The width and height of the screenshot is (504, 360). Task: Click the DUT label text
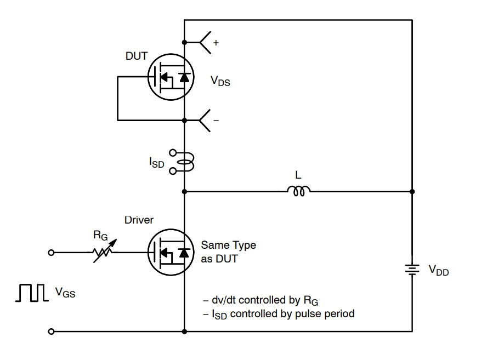pyautogui.click(x=137, y=56)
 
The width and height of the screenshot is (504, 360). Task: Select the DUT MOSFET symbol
pyautogui.click(x=171, y=77)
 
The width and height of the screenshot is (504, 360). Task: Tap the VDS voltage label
pyautogui.click(x=220, y=81)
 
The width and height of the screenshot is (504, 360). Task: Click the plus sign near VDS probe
pyautogui.click(x=216, y=43)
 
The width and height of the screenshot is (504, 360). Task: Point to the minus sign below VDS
pyautogui.click(x=216, y=121)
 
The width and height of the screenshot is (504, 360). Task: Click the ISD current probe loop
pyautogui.click(x=185, y=162)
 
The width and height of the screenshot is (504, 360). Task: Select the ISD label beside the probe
pyautogui.click(x=156, y=163)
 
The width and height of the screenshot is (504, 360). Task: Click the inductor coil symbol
pyautogui.click(x=298, y=191)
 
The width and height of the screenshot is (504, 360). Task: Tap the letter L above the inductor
pyautogui.click(x=298, y=175)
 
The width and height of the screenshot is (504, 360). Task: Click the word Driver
pyautogui.click(x=139, y=220)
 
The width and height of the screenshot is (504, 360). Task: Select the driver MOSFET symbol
pyautogui.click(x=171, y=252)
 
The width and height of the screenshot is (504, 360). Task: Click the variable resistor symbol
pyautogui.click(x=104, y=252)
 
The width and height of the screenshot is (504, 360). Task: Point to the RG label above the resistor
pyautogui.click(x=100, y=236)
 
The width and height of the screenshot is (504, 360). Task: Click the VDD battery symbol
pyautogui.click(x=412, y=270)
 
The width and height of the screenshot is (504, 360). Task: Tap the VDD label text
pyautogui.click(x=439, y=270)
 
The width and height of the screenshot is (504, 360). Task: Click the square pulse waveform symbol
pyautogui.click(x=32, y=293)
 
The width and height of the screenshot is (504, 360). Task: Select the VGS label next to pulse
pyautogui.click(x=65, y=293)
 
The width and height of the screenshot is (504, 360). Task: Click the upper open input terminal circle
pyautogui.click(x=51, y=253)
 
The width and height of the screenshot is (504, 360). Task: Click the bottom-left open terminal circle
pyautogui.click(x=51, y=332)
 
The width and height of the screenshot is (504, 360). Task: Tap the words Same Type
pyautogui.click(x=229, y=245)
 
